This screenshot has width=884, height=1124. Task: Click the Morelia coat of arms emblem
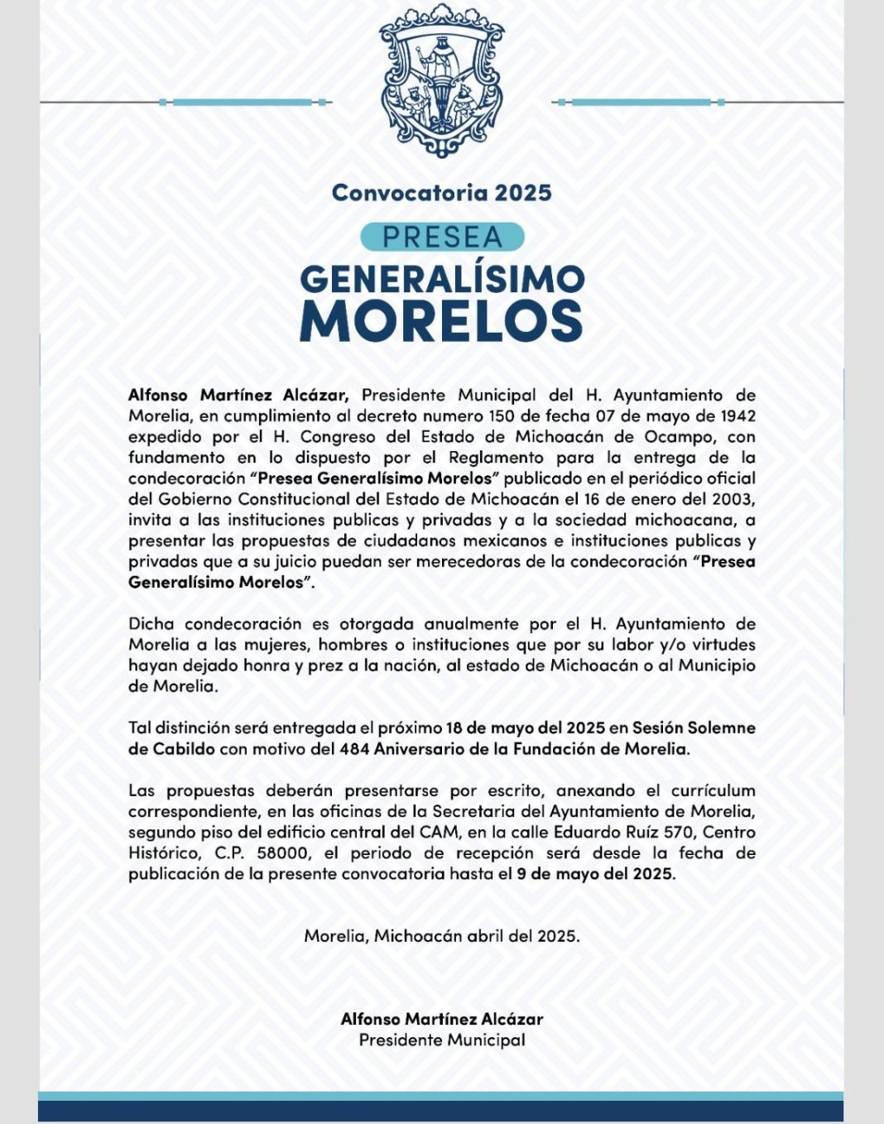[441, 80]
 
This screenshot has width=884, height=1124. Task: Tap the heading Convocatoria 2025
[441, 193]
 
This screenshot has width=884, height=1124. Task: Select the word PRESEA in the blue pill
[442, 238]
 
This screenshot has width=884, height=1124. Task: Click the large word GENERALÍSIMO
[441, 280]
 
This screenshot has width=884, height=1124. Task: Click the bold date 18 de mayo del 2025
[525, 728]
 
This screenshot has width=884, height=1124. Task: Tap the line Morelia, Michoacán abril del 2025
[441, 936]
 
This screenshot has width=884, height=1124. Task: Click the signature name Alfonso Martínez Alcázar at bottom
[441, 1020]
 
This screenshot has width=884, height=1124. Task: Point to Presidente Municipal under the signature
[441, 1040]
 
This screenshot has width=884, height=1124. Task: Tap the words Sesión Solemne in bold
[694, 728]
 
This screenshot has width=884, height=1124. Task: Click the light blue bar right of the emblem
[641, 103]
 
